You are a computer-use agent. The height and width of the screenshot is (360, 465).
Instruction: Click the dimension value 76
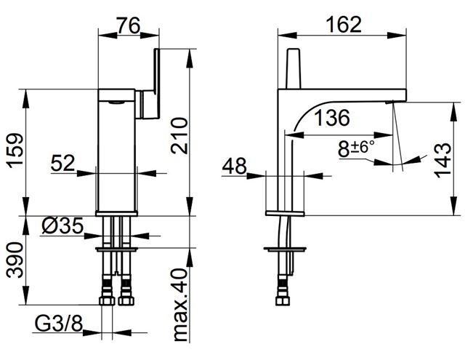tap(128, 25)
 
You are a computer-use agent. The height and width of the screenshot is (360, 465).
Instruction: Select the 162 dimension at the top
tap(344, 24)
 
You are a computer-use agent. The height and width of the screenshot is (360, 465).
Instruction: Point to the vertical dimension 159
tap(15, 151)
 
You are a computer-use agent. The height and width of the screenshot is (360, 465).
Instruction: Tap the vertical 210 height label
tap(179, 135)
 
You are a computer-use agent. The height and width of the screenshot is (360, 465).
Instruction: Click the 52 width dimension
tap(62, 163)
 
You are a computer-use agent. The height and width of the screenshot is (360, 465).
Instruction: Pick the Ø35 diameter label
tap(63, 225)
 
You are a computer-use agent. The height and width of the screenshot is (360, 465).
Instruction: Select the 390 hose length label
tap(15, 260)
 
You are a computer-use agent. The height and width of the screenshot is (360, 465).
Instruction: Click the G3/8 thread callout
tap(59, 323)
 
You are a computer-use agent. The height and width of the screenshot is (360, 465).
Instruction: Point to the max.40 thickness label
tap(180, 305)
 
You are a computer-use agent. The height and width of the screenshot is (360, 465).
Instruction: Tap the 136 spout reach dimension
tap(331, 118)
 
